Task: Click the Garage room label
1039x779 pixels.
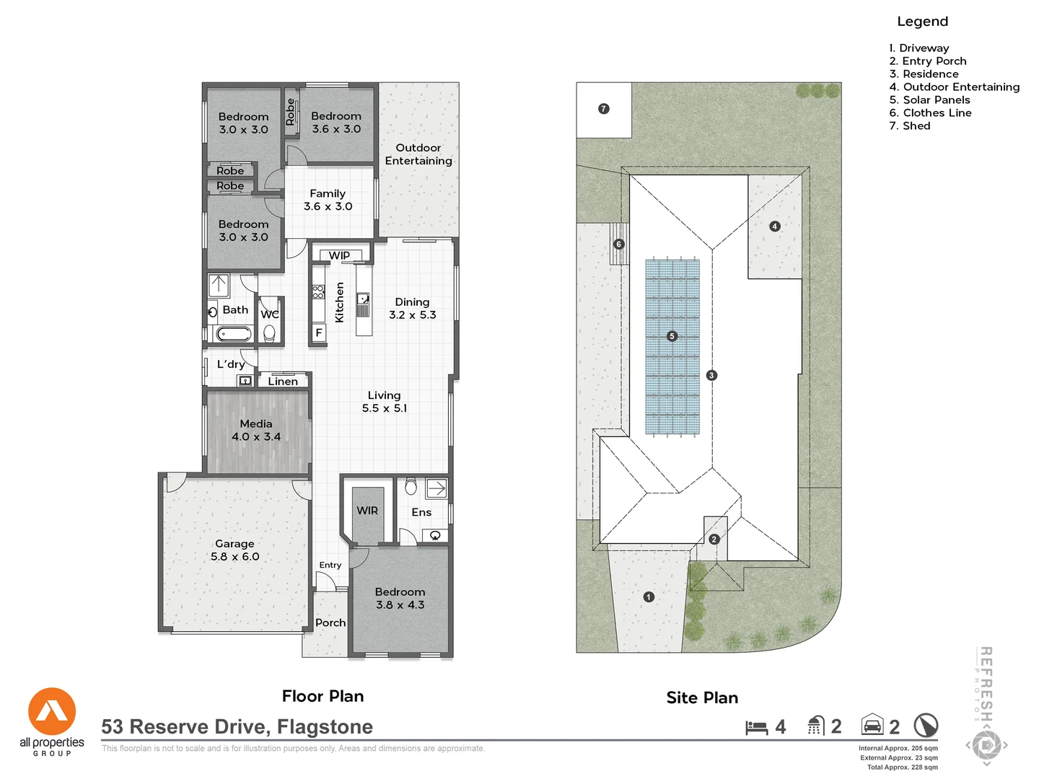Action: tap(234, 544)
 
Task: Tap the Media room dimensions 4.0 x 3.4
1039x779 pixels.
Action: tap(256, 437)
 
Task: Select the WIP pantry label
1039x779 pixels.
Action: tap(339, 255)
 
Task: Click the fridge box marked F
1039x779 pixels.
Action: tap(319, 333)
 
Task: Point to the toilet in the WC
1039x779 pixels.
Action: tap(269, 333)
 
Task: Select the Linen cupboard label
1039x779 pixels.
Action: tap(283, 382)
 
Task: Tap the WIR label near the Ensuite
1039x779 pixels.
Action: tap(367, 511)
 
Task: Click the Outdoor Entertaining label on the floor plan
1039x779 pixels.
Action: tap(418, 154)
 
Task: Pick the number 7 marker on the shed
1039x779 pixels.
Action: tap(604, 109)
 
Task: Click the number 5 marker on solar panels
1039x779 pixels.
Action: tap(672, 336)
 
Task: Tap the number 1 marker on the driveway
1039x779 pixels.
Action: tap(649, 597)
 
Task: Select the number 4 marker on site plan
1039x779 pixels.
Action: tap(774, 226)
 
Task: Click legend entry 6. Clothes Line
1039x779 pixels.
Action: tap(930, 113)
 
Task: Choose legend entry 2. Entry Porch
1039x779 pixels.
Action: tap(927, 61)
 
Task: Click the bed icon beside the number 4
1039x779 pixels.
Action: tap(756, 727)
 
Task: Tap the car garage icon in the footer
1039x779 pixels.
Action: tap(872, 725)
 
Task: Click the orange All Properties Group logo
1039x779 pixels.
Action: tap(52, 712)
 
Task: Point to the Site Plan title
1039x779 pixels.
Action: tap(702, 697)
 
